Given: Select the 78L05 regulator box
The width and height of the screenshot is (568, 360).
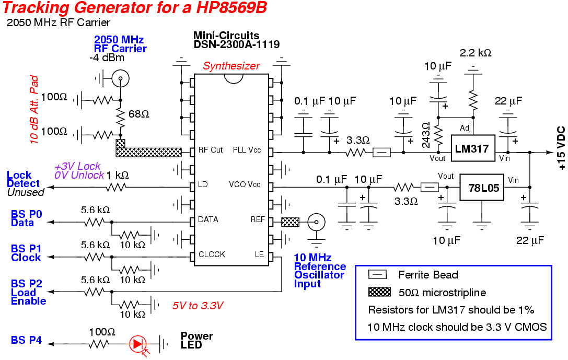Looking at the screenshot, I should point(482,187).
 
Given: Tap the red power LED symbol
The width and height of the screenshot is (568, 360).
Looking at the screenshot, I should point(138,343).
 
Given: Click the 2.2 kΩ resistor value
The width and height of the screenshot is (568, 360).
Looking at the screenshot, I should point(475,53).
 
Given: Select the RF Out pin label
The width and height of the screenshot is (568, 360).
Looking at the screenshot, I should point(211,150).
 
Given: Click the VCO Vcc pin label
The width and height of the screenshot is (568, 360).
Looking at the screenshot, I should point(245,184).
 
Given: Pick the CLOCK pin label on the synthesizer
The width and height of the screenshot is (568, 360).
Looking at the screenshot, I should point(212,254).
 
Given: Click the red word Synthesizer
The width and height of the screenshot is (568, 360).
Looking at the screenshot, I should point(231,66).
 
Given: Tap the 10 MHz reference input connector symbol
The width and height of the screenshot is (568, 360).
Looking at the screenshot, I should point(315,222).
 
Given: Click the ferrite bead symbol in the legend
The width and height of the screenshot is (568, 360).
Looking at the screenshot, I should point(377,274).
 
